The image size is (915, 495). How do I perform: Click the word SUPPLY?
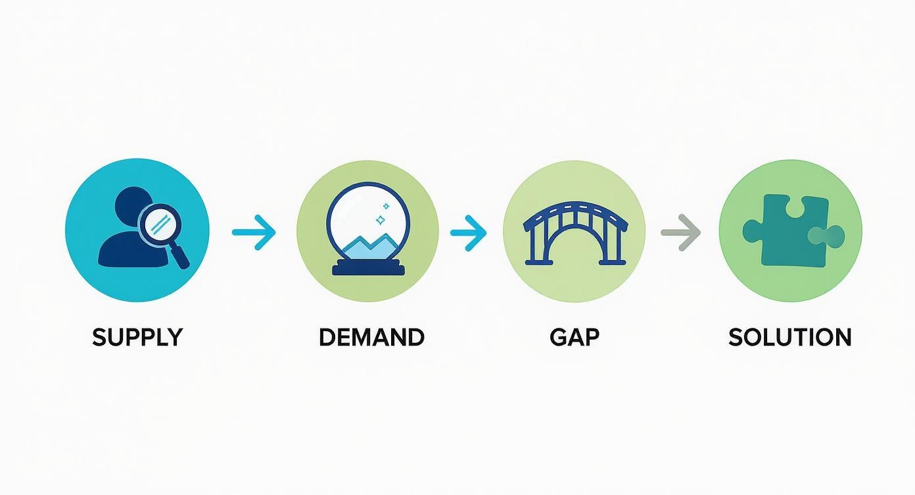137,337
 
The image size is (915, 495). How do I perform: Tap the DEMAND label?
371,337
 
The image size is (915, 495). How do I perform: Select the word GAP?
574,337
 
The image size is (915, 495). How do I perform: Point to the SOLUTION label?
789,337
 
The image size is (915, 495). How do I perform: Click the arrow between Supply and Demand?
254,232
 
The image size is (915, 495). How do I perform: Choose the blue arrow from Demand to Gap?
468,232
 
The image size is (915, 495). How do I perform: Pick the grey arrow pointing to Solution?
680,232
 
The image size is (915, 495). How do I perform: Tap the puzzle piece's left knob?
751,230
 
